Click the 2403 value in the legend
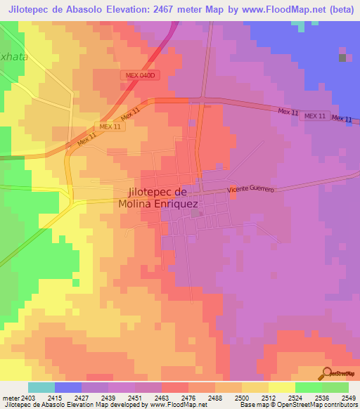28,397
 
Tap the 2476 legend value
188,397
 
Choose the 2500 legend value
242,397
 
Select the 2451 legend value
135,397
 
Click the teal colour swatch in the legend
41,387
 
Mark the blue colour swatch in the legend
68,387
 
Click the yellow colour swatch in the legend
282,387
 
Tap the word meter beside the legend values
10,397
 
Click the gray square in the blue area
342,58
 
